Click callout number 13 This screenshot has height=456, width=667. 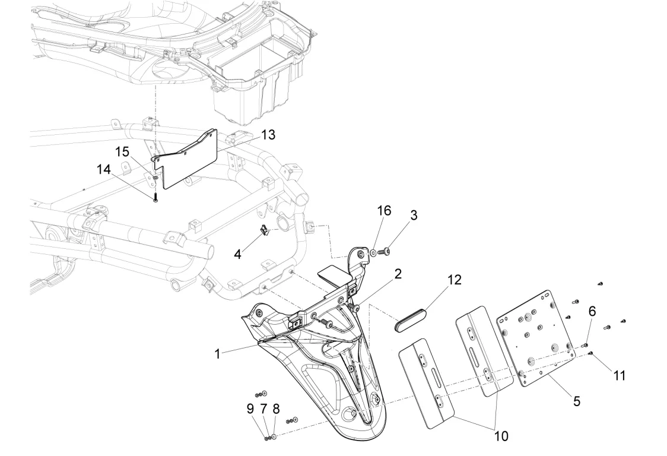268,135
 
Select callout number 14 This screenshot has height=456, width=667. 104,170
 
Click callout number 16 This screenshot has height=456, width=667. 384,212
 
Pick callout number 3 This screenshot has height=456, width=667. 414,215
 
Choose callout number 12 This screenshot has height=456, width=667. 455,279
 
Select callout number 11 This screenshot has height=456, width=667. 620,375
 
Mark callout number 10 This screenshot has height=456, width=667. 501,436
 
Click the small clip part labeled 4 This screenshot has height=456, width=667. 265,230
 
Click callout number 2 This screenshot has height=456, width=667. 398,274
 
